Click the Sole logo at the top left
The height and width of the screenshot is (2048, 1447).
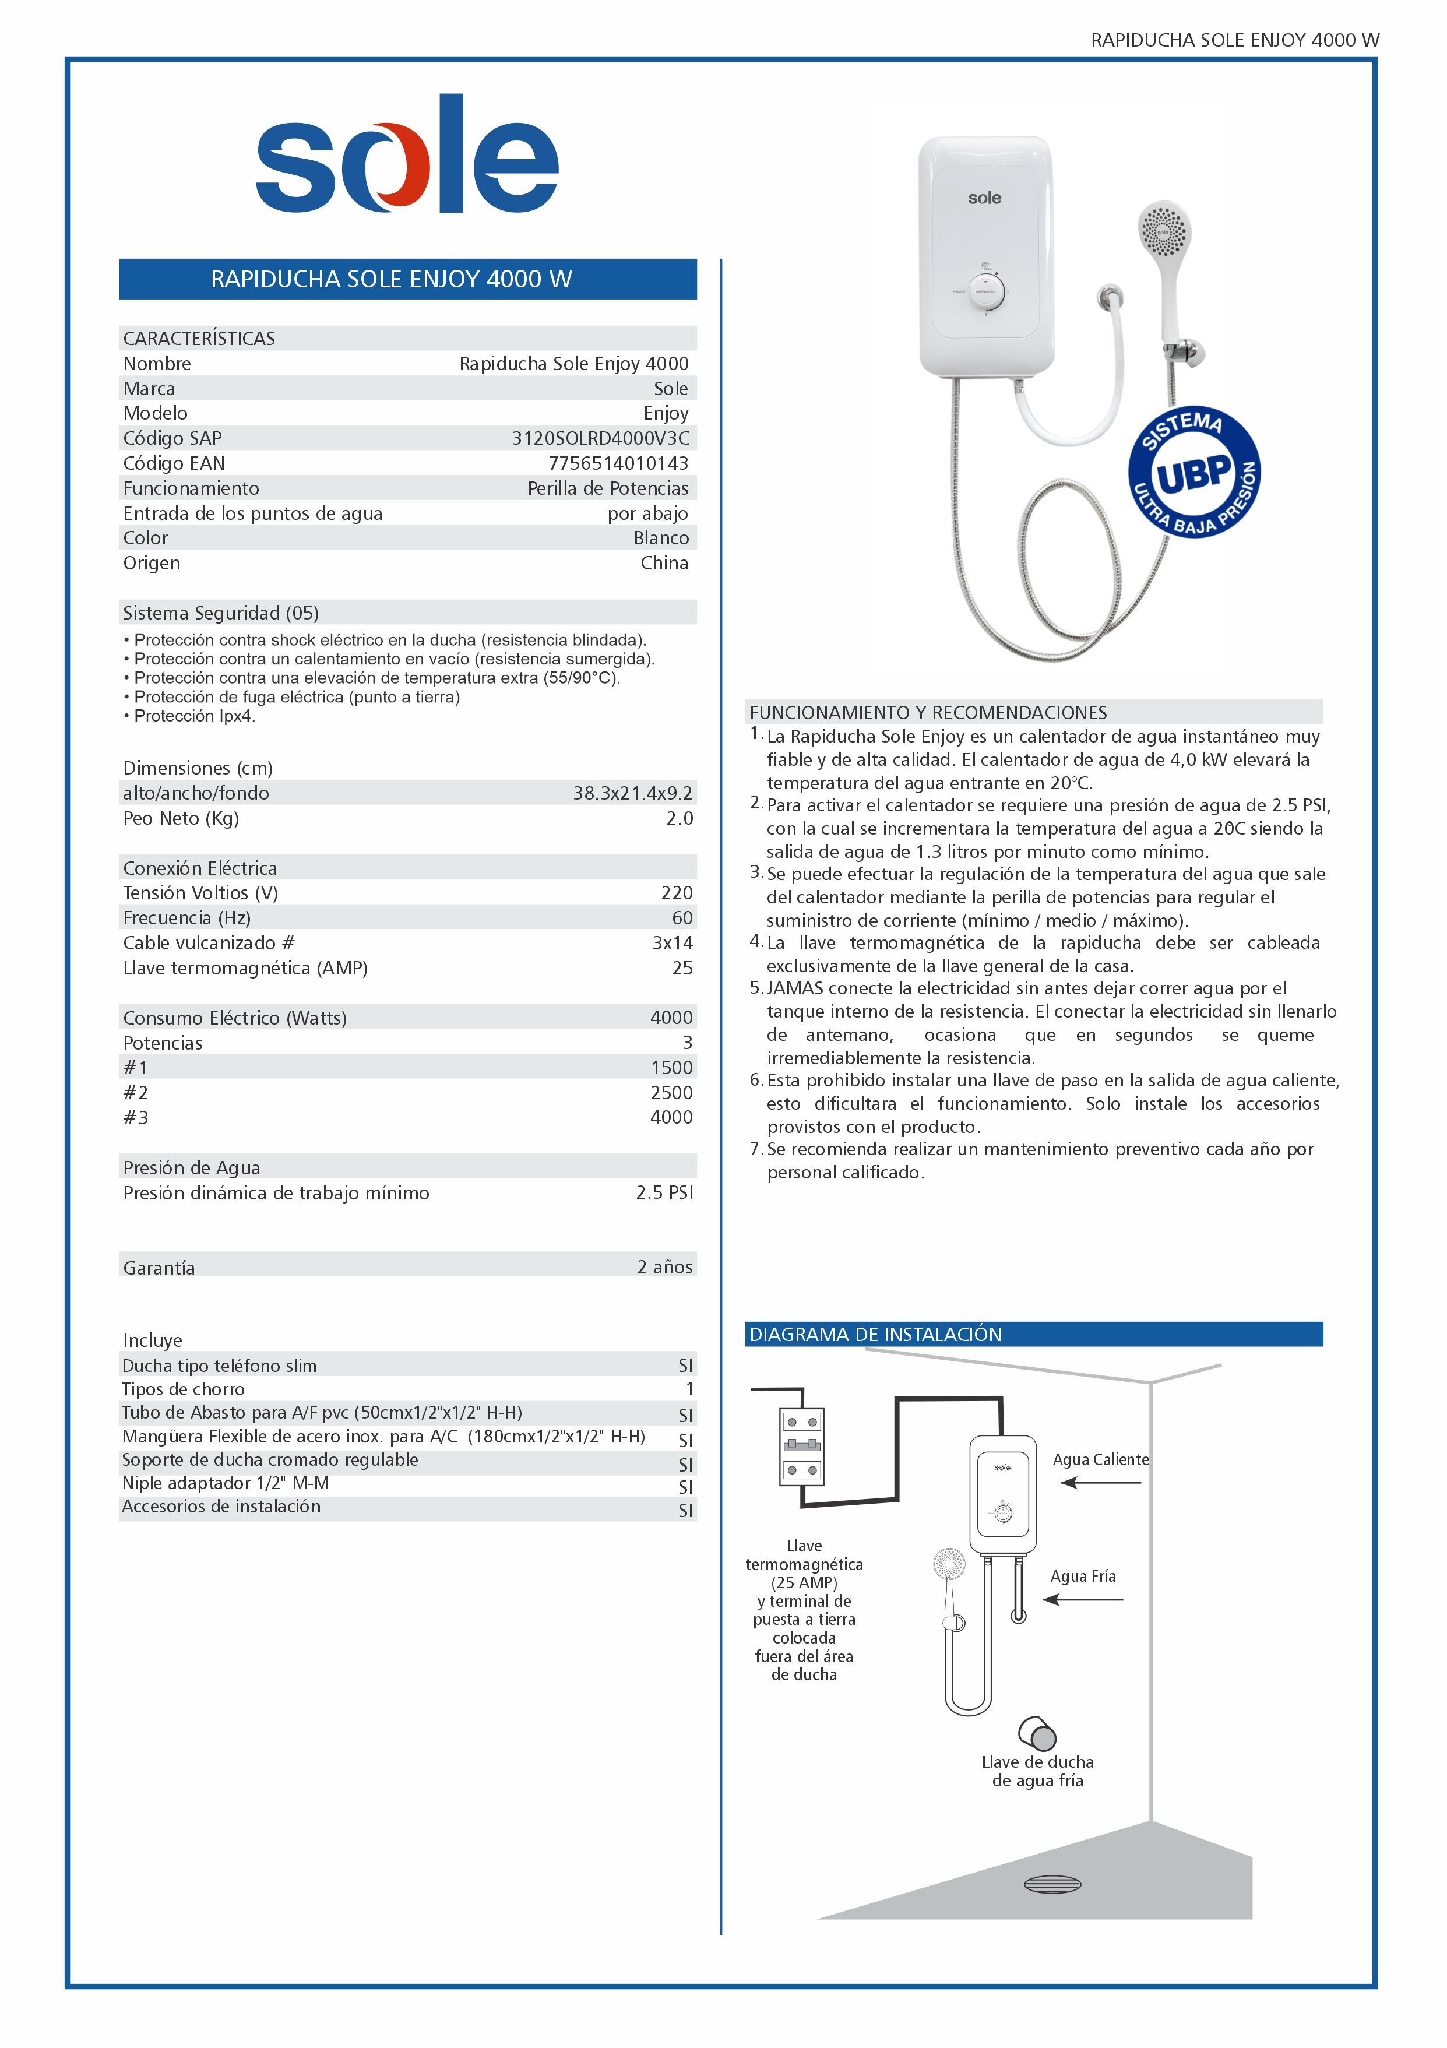click(407, 156)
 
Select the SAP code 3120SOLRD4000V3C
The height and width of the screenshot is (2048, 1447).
click(600, 438)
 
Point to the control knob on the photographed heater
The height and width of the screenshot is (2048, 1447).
click(986, 291)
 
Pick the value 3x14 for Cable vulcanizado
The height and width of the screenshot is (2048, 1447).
click(672, 943)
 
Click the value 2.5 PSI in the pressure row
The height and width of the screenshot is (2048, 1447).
click(664, 1192)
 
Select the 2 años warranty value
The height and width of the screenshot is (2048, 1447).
click(664, 1266)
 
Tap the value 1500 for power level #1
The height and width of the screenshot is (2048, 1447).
click(671, 1068)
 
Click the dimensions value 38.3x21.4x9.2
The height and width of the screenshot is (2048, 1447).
click(632, 793)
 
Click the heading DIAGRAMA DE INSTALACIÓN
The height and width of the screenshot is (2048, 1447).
click(875, 1335)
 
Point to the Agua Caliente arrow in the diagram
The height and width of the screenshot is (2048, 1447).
click(1100, 1483)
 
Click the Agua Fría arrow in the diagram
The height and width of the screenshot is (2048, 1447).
click(1083, 1599)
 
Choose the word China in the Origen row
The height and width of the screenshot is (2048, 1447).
click(664, 563)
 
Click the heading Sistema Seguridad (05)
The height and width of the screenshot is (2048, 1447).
click(220, 613)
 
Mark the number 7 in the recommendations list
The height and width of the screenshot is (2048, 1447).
click(755, 1149)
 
